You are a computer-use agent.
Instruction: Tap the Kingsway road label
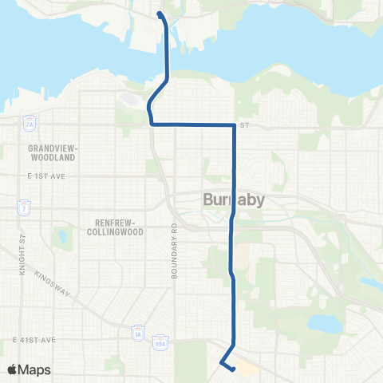click(x=56, y=289)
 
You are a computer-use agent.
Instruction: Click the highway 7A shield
click(x=30, y=125)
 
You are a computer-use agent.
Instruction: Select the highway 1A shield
click(x=137, y=331)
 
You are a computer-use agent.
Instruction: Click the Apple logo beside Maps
click(x=14, y=369)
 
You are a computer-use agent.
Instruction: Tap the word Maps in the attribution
click(x=35, y=369)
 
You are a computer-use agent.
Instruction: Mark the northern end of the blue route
click(x=160, y=14)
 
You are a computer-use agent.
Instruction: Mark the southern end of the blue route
click(x=232, y=369)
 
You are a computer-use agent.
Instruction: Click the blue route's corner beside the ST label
click(x=234, y=125)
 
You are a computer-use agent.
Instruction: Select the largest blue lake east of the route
click(x=324, y=323)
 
